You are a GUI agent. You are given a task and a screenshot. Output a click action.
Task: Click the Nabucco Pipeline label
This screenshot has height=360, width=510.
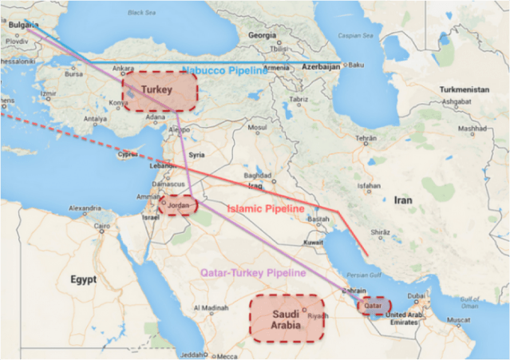click(226, 71)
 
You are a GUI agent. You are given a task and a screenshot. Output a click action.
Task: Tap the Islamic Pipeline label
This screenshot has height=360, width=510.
click(267, 208)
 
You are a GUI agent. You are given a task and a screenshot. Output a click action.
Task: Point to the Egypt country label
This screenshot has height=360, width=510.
click(82, 279)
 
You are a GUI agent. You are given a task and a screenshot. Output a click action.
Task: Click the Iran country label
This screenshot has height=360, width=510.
click(403, 200)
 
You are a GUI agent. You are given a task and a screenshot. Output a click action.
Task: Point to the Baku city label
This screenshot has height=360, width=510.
click(356, 65)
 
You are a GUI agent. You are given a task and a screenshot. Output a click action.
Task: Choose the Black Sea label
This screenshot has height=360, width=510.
click(141, 13)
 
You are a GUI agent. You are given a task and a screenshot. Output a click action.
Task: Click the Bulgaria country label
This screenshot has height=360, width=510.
click(23, 25)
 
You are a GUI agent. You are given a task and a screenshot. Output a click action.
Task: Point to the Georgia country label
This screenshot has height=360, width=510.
click(263, 35)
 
